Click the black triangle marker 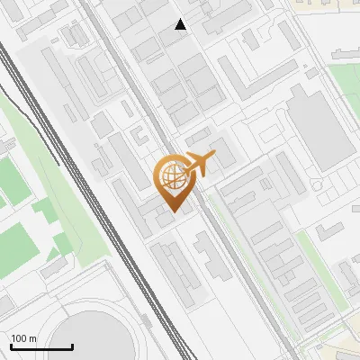[x=181, y=24]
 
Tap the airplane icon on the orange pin [x=200, y=165]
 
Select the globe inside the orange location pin [x=172, y=176]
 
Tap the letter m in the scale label [x=31, y=338]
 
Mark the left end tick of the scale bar [x=11, y=345]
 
